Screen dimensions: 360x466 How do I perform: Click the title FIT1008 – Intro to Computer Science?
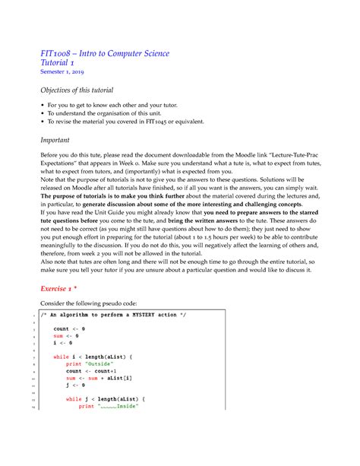(104, 53)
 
